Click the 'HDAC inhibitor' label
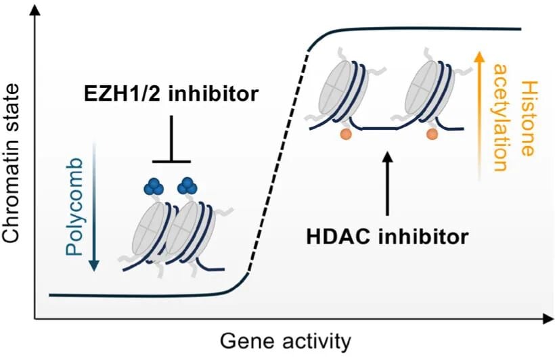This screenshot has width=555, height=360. (x=386, y=237)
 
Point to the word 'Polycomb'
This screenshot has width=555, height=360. (x=75, y=206)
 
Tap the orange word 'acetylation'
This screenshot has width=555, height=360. (x=501, y=118)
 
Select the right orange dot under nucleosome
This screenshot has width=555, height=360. (x=430, y=135)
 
